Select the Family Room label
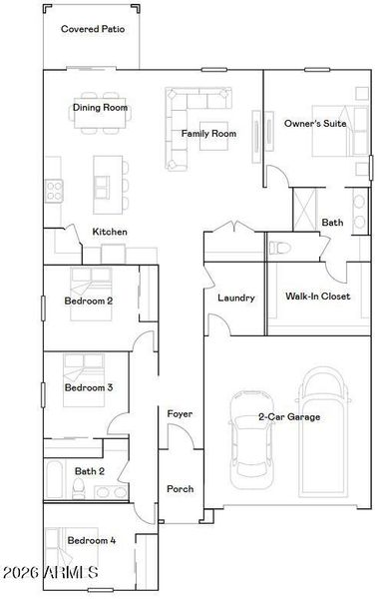point(207,133)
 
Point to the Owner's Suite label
point(314,123)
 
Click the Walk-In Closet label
point(317,297)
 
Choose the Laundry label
point(236,298)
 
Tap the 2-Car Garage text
point(289,416)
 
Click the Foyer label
point(180,413)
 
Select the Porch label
point(181,488)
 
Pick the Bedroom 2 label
point(89,300)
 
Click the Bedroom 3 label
point(89,387)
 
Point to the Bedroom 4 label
point(91,540)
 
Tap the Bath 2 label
point(90,470)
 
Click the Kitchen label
point(110,232)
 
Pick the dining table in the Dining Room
point(100,126)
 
